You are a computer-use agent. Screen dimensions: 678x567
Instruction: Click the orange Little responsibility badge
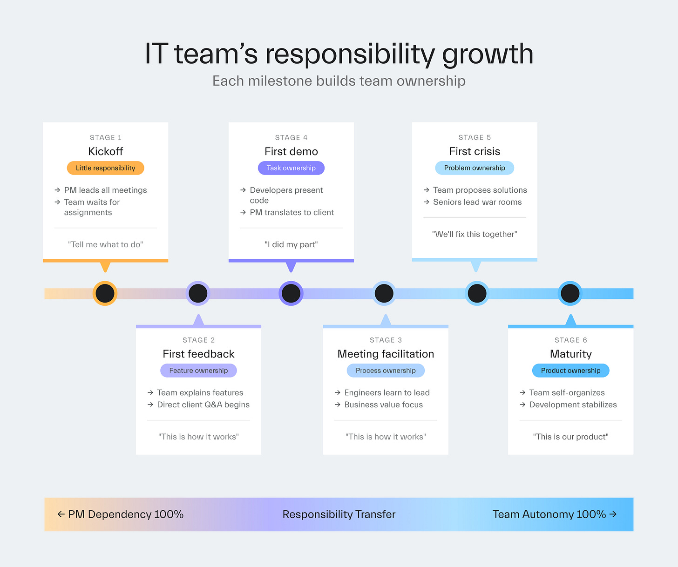tap(106, 168)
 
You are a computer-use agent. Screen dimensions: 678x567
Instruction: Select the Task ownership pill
tap(291, 168)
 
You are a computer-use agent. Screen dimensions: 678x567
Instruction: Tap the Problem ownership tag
tap(475, 168)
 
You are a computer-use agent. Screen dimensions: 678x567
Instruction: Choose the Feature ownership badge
tap(198, 371)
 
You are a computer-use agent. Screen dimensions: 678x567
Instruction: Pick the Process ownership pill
tap(386, 371)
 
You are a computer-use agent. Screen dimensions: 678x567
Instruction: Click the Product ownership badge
tap(570, 371)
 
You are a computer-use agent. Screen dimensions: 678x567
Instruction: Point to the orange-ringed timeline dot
tap(105, 293)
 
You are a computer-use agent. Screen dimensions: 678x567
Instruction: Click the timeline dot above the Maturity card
tap(570, 293)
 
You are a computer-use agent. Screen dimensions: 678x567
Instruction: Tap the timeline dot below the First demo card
tap(291, 293)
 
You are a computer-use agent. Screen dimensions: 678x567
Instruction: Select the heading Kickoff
tap(106, 151)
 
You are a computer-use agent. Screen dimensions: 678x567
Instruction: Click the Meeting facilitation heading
tap(386, 354)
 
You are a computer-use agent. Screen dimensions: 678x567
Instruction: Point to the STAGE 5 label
tap(475, 137)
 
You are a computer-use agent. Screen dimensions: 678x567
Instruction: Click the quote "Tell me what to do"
tap(106, 244)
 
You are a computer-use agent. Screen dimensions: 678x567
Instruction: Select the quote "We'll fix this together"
tap(475, 234)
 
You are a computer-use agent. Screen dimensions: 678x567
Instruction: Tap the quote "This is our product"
tap(570, 437)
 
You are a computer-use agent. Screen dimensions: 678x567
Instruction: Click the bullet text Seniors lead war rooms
tap(477, 202)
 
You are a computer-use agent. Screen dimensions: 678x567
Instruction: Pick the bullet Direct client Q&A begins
tap(203, 405)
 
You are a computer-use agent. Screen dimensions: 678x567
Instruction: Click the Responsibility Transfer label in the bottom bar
tap(339, 514)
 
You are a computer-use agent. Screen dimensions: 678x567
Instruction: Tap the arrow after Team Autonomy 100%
tap(613, 514)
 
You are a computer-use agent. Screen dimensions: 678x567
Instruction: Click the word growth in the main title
tap(488, 54)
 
